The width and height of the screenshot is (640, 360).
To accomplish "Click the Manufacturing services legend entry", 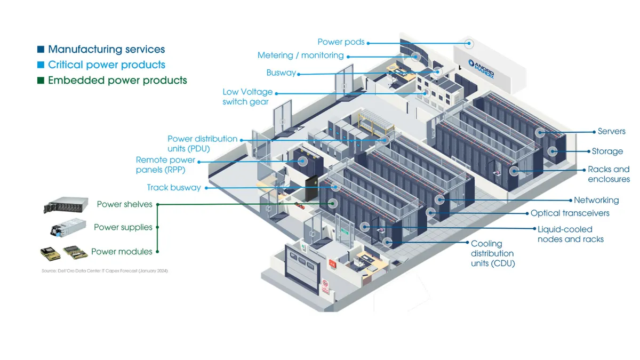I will [106, 50].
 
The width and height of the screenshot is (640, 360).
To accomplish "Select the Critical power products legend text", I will [106, 65].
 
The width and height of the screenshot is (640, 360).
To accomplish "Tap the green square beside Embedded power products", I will [41, 81].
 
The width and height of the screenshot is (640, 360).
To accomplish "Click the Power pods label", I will [341, 42].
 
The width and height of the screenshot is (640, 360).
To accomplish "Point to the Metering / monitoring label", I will [300, 55].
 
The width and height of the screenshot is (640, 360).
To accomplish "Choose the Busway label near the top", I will [281, 73].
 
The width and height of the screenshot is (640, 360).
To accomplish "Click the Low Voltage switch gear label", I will [247, 97].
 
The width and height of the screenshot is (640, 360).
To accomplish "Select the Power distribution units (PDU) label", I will [202, 143].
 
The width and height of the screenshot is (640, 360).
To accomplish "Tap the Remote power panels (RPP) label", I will [165, 165].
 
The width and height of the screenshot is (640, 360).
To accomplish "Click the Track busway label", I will [174, 188].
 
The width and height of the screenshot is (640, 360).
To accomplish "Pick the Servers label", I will [611, 132].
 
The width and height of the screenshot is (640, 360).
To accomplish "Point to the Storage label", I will [607, 151].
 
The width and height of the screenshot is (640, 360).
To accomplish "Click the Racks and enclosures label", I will [609, 174].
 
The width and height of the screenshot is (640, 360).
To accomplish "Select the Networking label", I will [596, 201].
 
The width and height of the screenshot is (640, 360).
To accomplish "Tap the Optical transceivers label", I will [570, 213].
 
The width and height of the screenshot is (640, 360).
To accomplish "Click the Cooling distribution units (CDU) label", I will [492, 253].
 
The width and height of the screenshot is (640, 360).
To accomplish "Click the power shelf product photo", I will [66, 205].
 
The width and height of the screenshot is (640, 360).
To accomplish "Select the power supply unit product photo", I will [68, 228].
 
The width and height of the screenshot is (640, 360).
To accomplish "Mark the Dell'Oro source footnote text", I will [105, 271].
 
